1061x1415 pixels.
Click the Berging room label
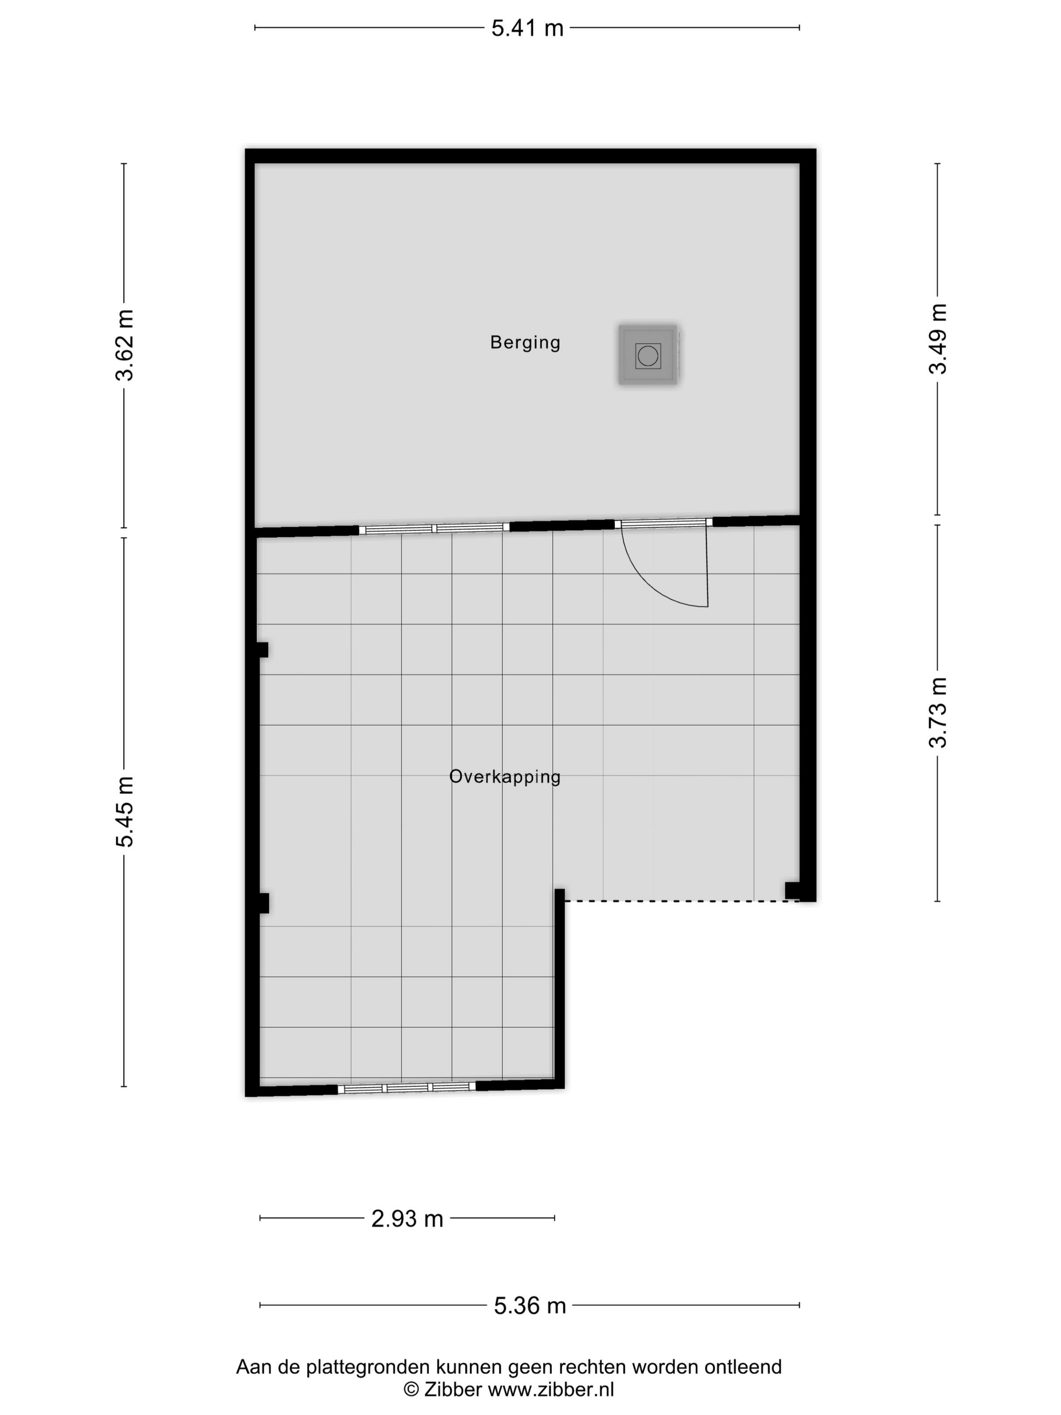[x=525, y=343]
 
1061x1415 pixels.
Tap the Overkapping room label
[x=505, y=777]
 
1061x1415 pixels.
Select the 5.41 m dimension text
[x=527, y=28]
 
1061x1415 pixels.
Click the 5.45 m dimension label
[x=124, y=812]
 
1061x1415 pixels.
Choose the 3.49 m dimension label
[x=938, y=339]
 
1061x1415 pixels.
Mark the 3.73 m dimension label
[x=938, y=712]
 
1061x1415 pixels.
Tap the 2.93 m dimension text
[x=407, y=1218]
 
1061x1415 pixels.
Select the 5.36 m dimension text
[x=529, y=1306]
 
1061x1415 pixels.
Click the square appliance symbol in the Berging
[x=648, y=355]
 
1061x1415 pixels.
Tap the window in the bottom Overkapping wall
[x=407, y=1088]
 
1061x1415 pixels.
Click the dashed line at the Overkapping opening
[x=682, y=901]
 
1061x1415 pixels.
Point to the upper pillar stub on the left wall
[x=262, y=650]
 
